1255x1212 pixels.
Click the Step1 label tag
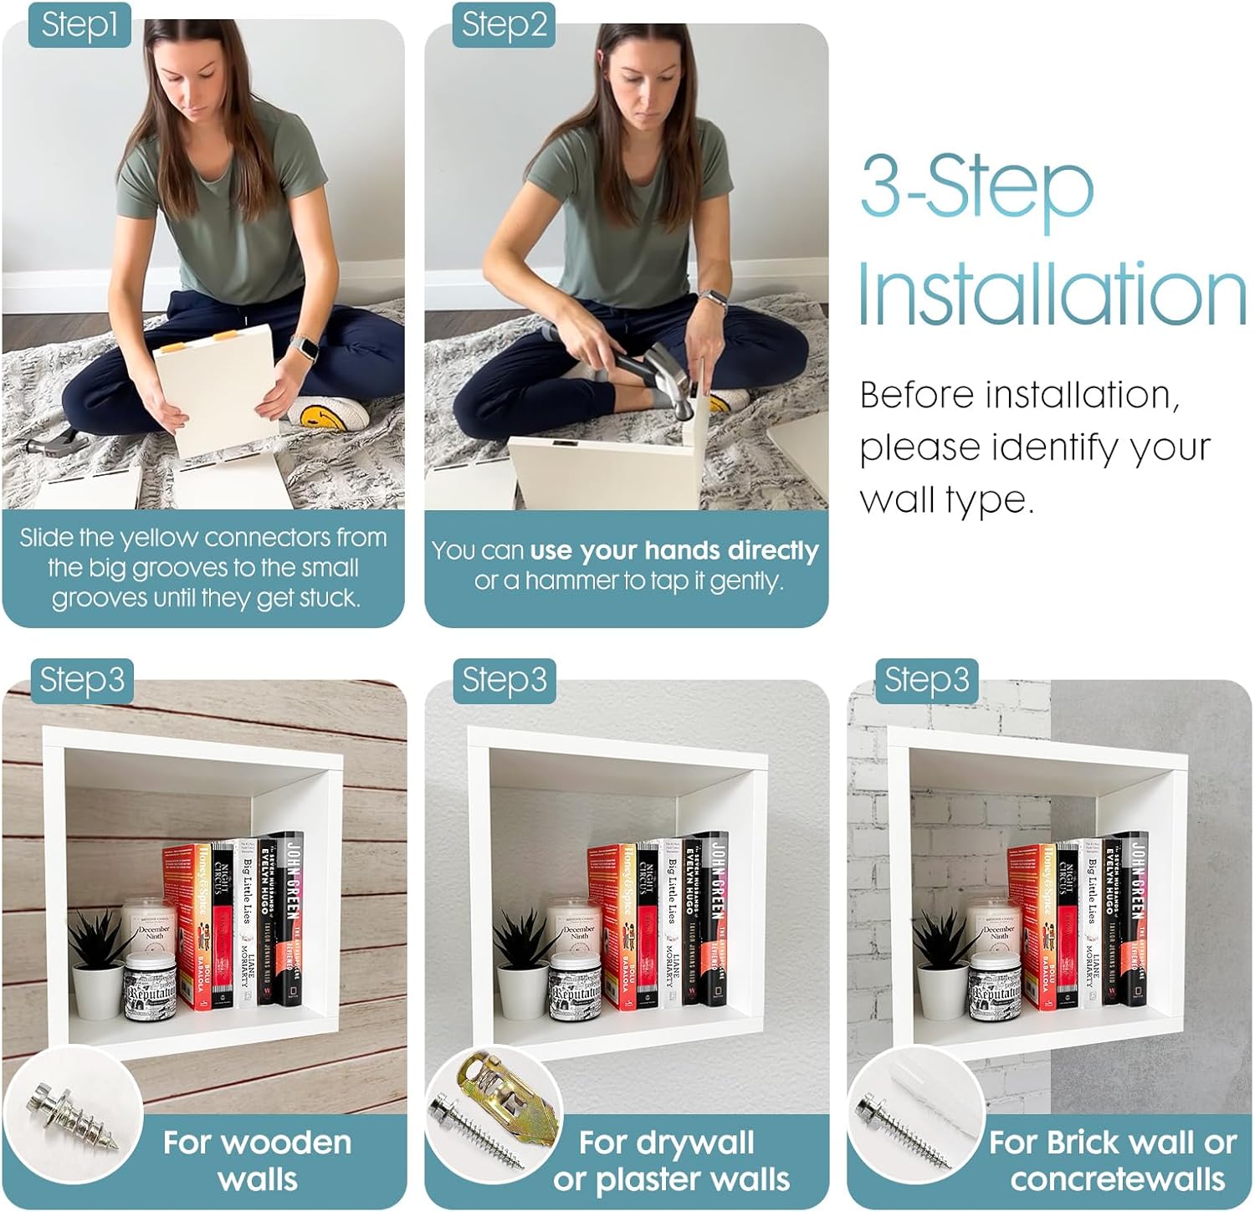tap(79, 24)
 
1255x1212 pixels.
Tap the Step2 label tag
tap(504, 24)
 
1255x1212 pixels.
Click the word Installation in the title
tap(1051, 294)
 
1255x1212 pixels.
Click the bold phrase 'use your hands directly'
tap(674, 550)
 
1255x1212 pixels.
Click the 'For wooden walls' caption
tap(257, 1160)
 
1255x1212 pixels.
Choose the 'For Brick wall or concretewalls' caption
tap(1113, 1160)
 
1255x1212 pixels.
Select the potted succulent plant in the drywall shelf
tap(523, 962)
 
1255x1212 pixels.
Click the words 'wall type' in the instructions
tap(945, 500)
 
